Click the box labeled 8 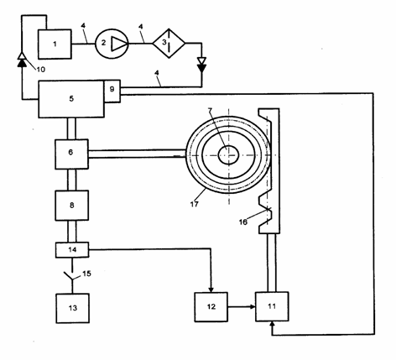point(72,206)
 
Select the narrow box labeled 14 point(72,249)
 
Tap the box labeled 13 point(73,308)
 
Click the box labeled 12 point(211,307)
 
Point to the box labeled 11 point(272,306)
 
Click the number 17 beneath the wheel point(195,204)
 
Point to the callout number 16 point(243,222)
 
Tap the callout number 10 point(41,70)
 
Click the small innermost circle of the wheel point(228,154)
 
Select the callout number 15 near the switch point(87,274)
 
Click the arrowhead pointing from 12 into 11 point(253,307)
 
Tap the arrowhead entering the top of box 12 point(211,290)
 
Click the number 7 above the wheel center point(210,110)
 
